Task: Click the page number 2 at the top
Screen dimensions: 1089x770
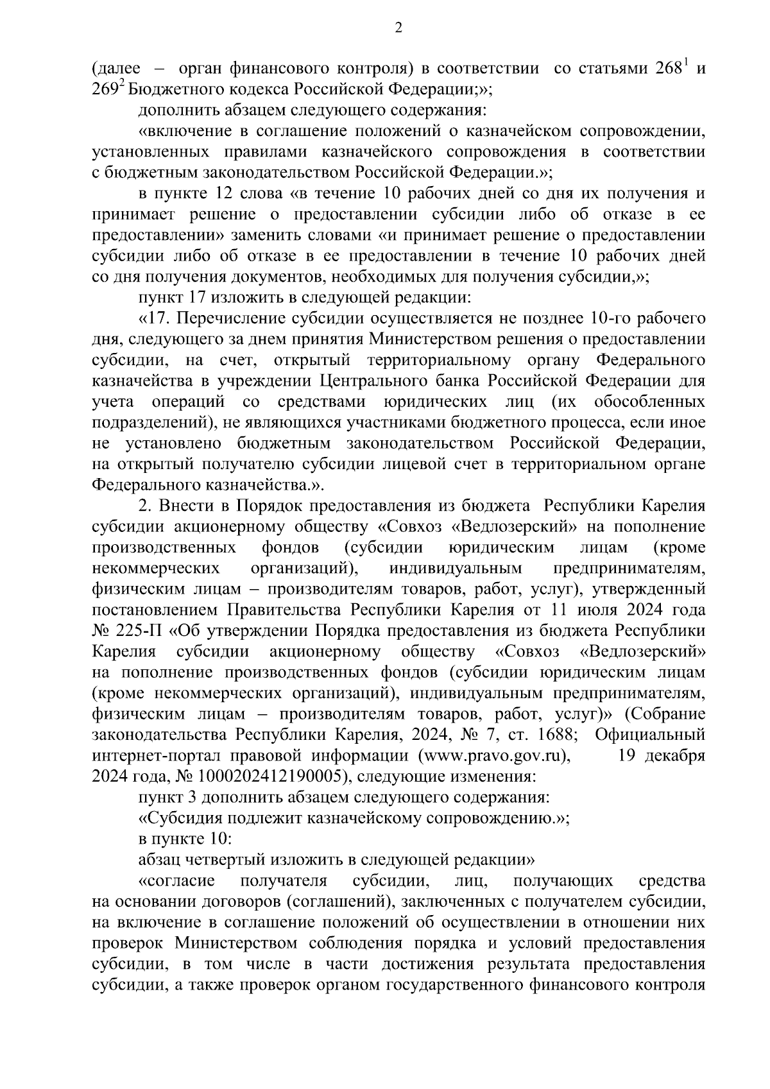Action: coord(398,27)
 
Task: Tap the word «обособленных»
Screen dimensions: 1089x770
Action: coord(649,402)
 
